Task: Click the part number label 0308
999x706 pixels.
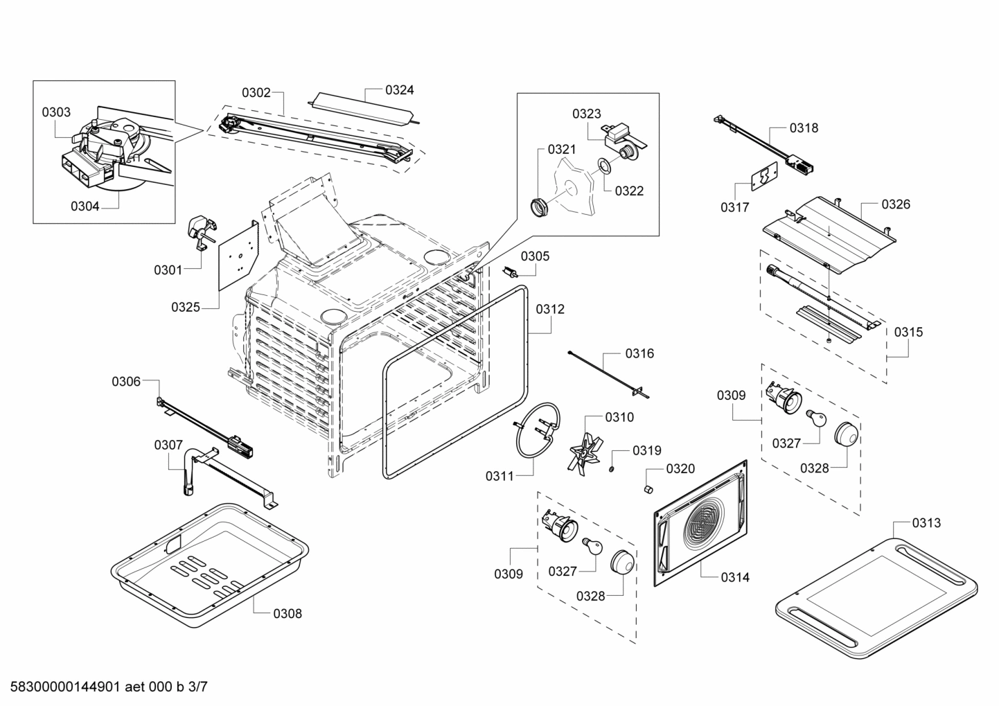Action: click(x=287, y=613)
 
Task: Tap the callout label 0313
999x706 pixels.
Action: click(x=926, y=522)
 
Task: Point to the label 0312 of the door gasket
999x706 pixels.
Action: click(x=549, y=309)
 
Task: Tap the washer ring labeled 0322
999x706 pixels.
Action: click(x=603, y=165)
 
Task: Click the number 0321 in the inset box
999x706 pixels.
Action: click(x=561, y=149)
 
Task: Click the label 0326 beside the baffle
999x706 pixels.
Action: click(x=895, y=204)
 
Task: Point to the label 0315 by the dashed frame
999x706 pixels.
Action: click(x=908, y=332)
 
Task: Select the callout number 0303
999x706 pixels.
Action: click(x=56, y=112)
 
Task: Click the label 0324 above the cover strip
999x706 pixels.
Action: click(x=400, y=89)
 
